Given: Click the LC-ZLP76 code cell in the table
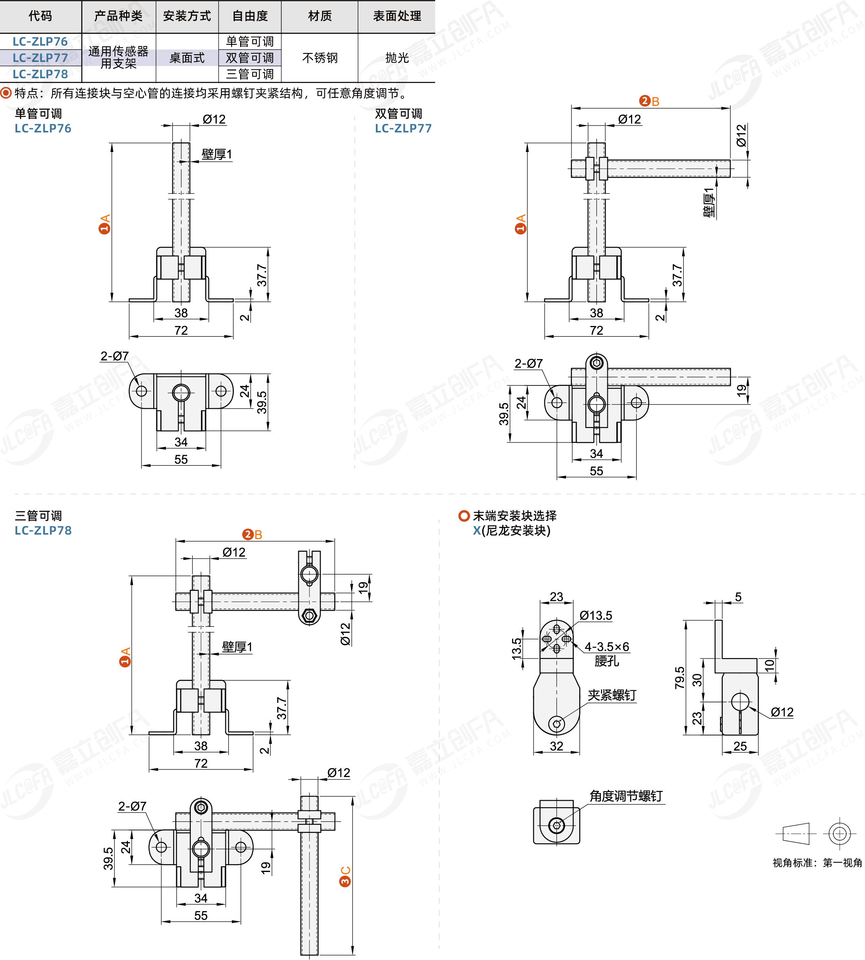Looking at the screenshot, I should click(40, 42).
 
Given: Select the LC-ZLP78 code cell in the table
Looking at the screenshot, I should click(40, 74).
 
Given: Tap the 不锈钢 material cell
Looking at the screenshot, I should click(320, 58).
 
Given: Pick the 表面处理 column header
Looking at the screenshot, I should click(397, 16).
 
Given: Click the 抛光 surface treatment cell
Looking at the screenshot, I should click(397, 58).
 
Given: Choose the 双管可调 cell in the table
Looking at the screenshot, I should click(249, 58).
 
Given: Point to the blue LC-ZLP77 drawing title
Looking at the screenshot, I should click(403, 128).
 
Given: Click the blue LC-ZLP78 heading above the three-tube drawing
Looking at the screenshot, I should click(43, 530).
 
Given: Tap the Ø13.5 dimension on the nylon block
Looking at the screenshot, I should click(596, 616).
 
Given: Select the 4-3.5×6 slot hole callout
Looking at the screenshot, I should click(607, 647).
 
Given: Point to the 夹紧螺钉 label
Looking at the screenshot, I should click(612, 696).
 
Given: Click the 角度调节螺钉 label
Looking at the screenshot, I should click(626, 796).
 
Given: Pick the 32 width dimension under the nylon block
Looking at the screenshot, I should click(556, 746).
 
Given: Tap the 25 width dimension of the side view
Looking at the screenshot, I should click(740, 746).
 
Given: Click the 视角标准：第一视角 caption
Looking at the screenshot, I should click(817, 863).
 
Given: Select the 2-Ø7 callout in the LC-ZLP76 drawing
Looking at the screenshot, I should click(115, 356).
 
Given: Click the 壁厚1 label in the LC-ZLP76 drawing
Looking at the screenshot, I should click(217, 154).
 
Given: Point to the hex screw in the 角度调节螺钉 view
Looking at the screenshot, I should click(556, 826).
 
